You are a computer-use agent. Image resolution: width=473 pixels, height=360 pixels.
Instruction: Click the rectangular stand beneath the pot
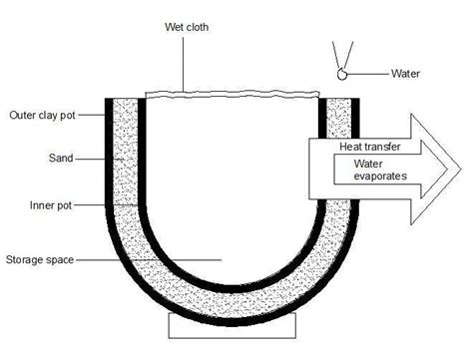(x=236, y=327)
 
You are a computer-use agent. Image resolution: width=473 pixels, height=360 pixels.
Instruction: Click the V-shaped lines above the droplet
(x=342, y=55)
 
